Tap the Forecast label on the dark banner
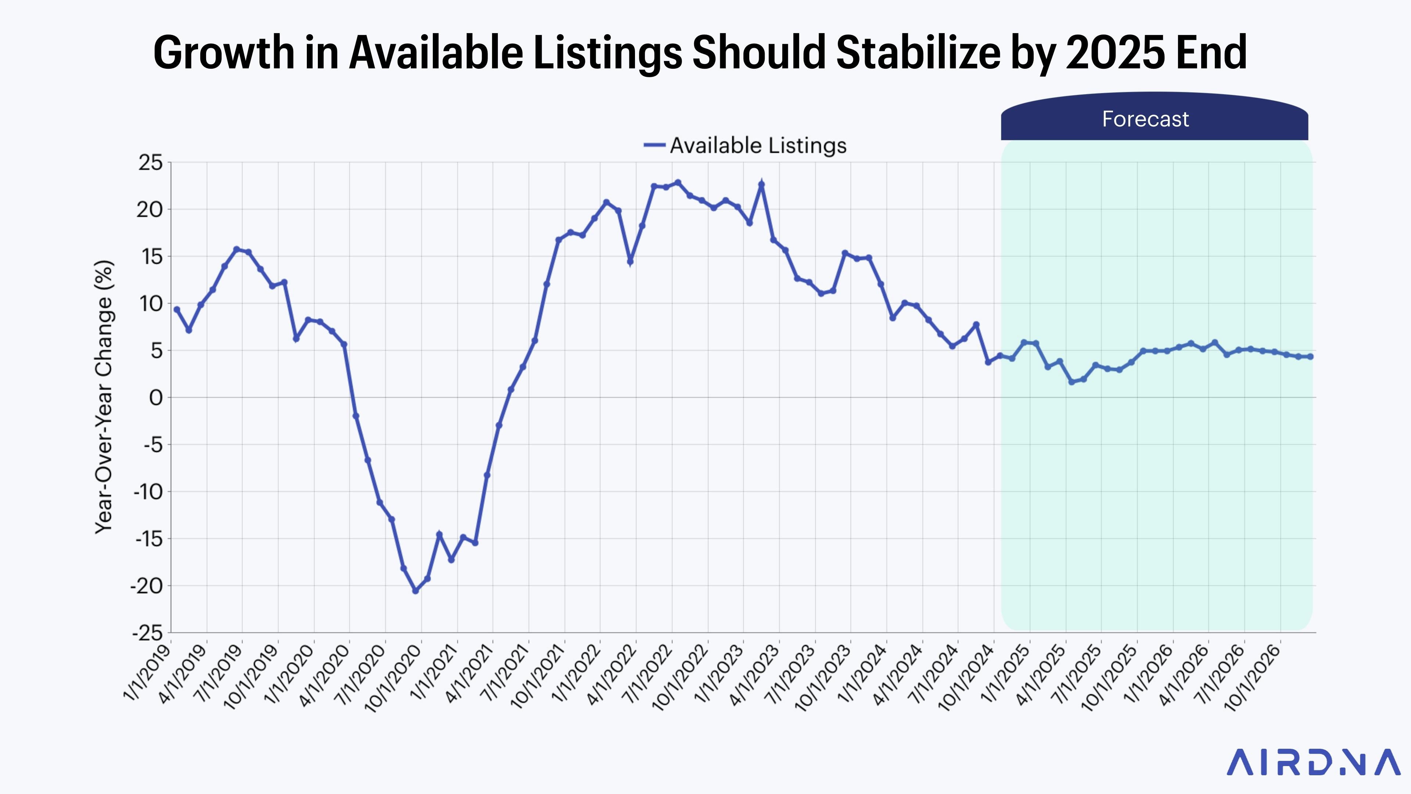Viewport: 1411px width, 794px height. pos(1145,119)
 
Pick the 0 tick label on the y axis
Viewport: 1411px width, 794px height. pos(156,398)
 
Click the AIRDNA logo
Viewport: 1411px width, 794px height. pos(1313,763)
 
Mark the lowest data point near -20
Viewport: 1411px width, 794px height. pos(415,591)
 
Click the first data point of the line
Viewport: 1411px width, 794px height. pos(176,310)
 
